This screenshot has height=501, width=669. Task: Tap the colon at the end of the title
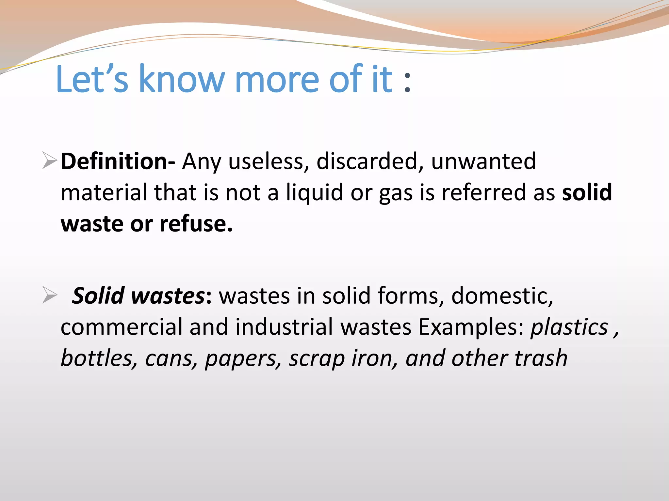coord(407,83)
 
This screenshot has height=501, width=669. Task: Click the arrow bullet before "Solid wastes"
coord(50,295)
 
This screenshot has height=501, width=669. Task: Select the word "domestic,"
coord(502,296)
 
